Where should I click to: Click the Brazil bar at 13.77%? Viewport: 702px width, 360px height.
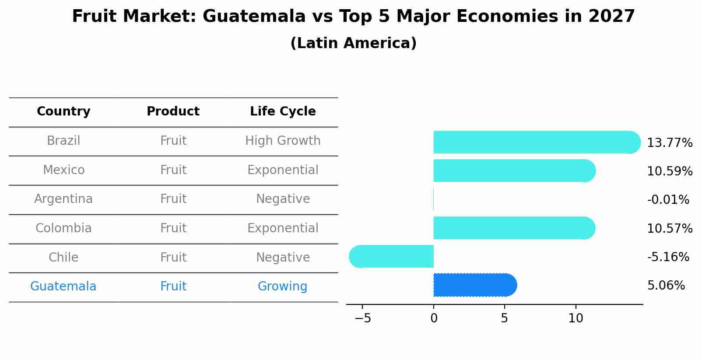pos(536,142)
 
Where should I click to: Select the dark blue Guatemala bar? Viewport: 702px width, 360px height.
pos(475,285)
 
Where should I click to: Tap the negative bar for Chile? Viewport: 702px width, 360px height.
pos(392,256)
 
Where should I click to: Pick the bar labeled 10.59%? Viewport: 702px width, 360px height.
pos(514,171)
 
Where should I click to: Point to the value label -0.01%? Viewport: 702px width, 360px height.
pos(668,200)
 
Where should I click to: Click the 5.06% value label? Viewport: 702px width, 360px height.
pos(666,286)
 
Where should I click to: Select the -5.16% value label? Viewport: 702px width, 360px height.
pos(668,257)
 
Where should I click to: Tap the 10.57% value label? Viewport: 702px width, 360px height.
pos(669,228)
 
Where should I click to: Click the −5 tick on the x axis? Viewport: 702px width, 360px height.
pos(363,318)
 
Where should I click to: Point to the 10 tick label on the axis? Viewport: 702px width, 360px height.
pos(576,318)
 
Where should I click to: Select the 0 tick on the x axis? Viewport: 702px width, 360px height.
pos(434,318)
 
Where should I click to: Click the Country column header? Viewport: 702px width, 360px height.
pos(63,112)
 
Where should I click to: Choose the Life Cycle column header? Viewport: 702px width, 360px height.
pos(283,112)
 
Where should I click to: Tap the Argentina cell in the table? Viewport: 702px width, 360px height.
pos(63,199)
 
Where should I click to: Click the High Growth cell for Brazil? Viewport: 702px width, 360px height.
pos(283,141)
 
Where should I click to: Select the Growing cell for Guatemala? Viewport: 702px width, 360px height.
pos(282,287)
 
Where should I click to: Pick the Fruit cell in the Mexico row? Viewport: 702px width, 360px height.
pos(173,170)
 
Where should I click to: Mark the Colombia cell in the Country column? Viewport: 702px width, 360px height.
pos(63,228)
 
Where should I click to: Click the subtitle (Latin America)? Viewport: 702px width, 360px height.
pos(353,43)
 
